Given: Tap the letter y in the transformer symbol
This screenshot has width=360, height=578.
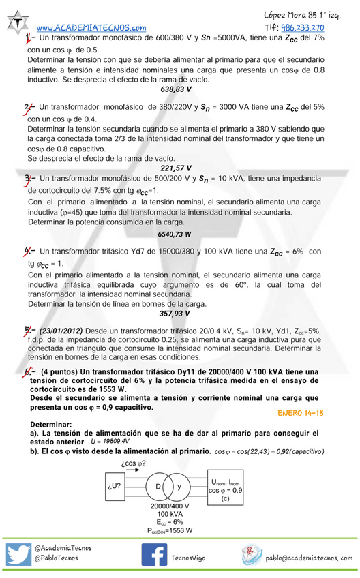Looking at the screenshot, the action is pos(179,487).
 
